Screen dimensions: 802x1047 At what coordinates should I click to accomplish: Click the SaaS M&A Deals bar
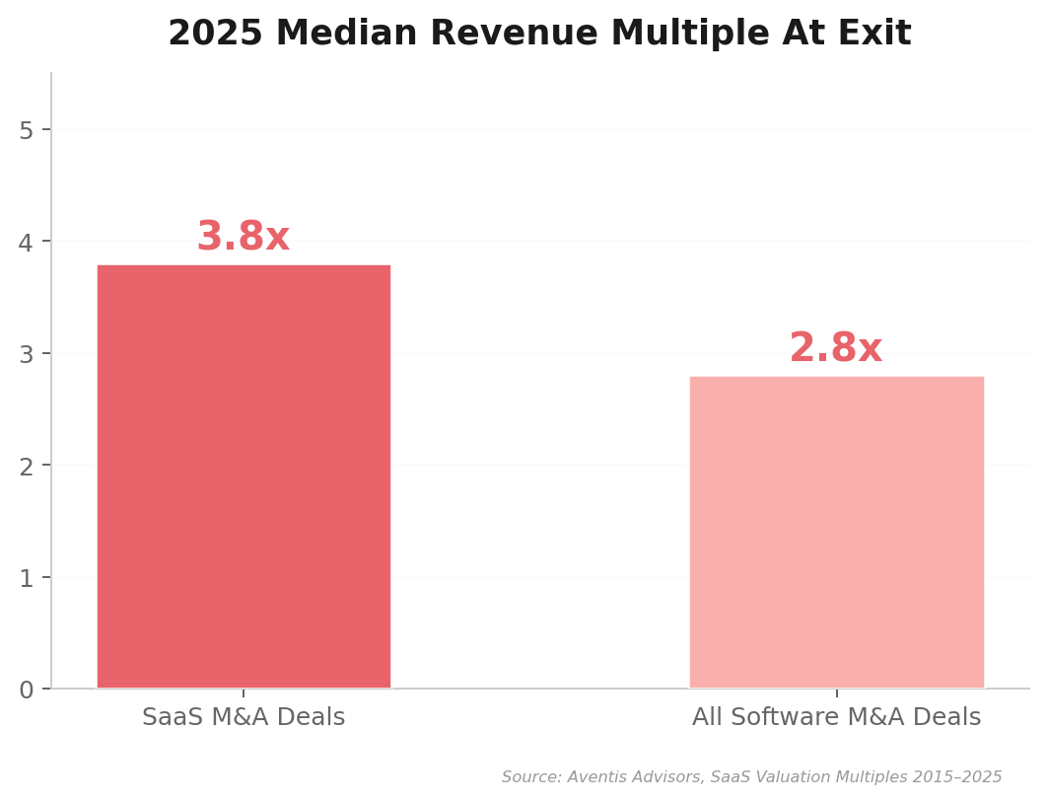(x=244, y=476)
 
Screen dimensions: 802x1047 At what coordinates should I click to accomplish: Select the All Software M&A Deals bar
(x=836, y=532)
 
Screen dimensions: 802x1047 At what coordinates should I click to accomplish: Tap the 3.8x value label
(x=243, y=238)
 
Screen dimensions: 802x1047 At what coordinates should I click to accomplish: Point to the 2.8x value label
(x=835, y=349)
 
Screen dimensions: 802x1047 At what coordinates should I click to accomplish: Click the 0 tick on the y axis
(x=27, y=690)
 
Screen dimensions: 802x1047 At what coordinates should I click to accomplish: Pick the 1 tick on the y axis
(x=27, y=578)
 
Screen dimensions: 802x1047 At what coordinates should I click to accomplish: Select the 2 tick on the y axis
(x=27, y=466)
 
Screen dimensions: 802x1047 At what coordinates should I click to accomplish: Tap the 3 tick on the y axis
(x=27, y=354)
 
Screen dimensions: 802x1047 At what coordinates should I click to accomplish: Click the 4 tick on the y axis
(x=27, y=243)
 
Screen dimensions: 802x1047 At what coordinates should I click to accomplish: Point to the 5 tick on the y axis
(x=27, y=130)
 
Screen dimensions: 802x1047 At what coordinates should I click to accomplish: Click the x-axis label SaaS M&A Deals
(x=244, y=717)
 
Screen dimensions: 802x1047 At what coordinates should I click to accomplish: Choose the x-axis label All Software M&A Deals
(x=836, y=717)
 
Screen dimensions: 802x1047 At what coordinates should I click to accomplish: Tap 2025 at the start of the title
(x=215, y=35)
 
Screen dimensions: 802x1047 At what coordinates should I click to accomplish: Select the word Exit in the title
(x=875, y=35)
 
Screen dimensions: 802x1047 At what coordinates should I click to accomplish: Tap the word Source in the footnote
(x=529, y=777)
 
